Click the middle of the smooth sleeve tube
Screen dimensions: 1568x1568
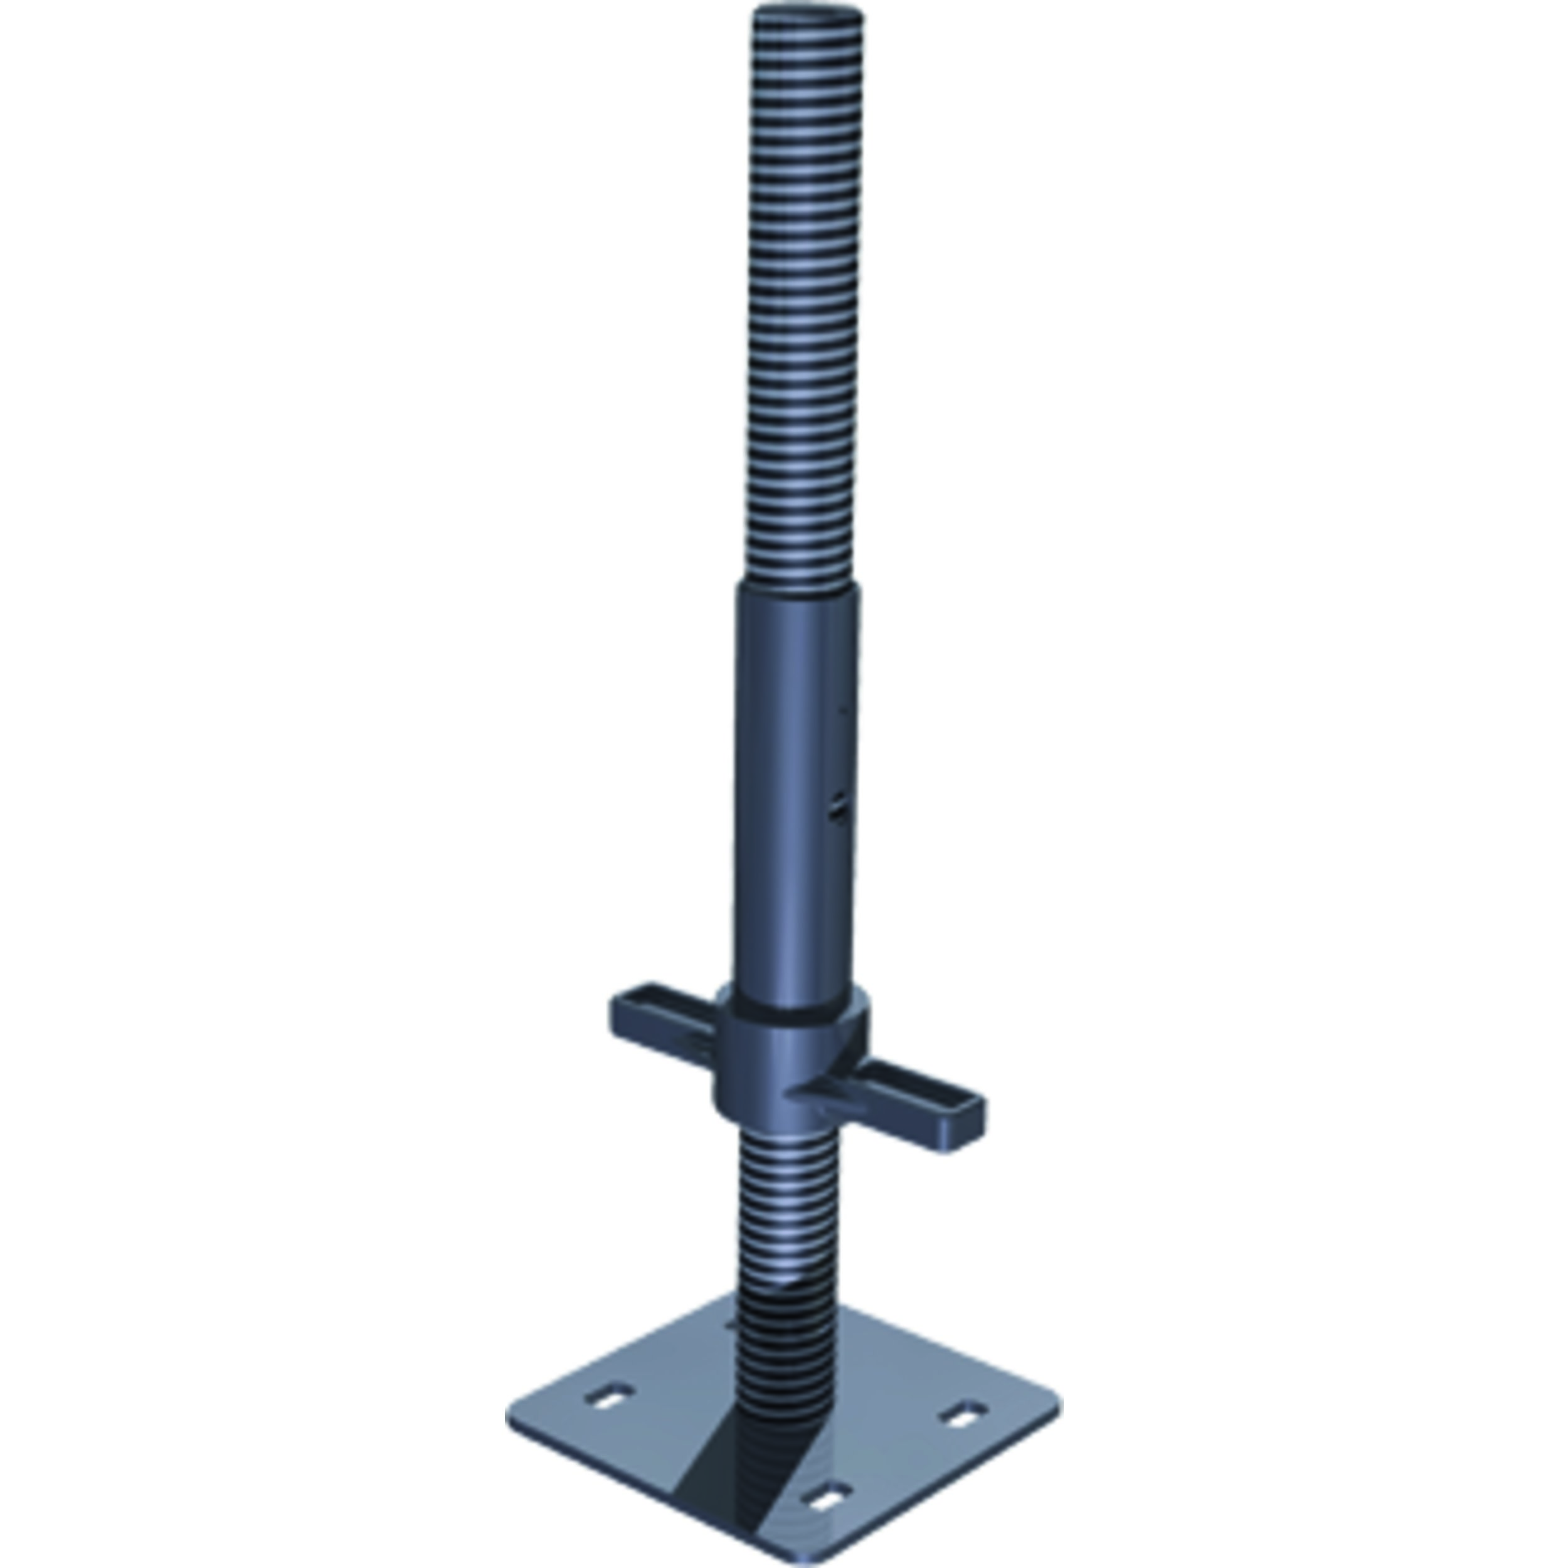click(x=795, y=795)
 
